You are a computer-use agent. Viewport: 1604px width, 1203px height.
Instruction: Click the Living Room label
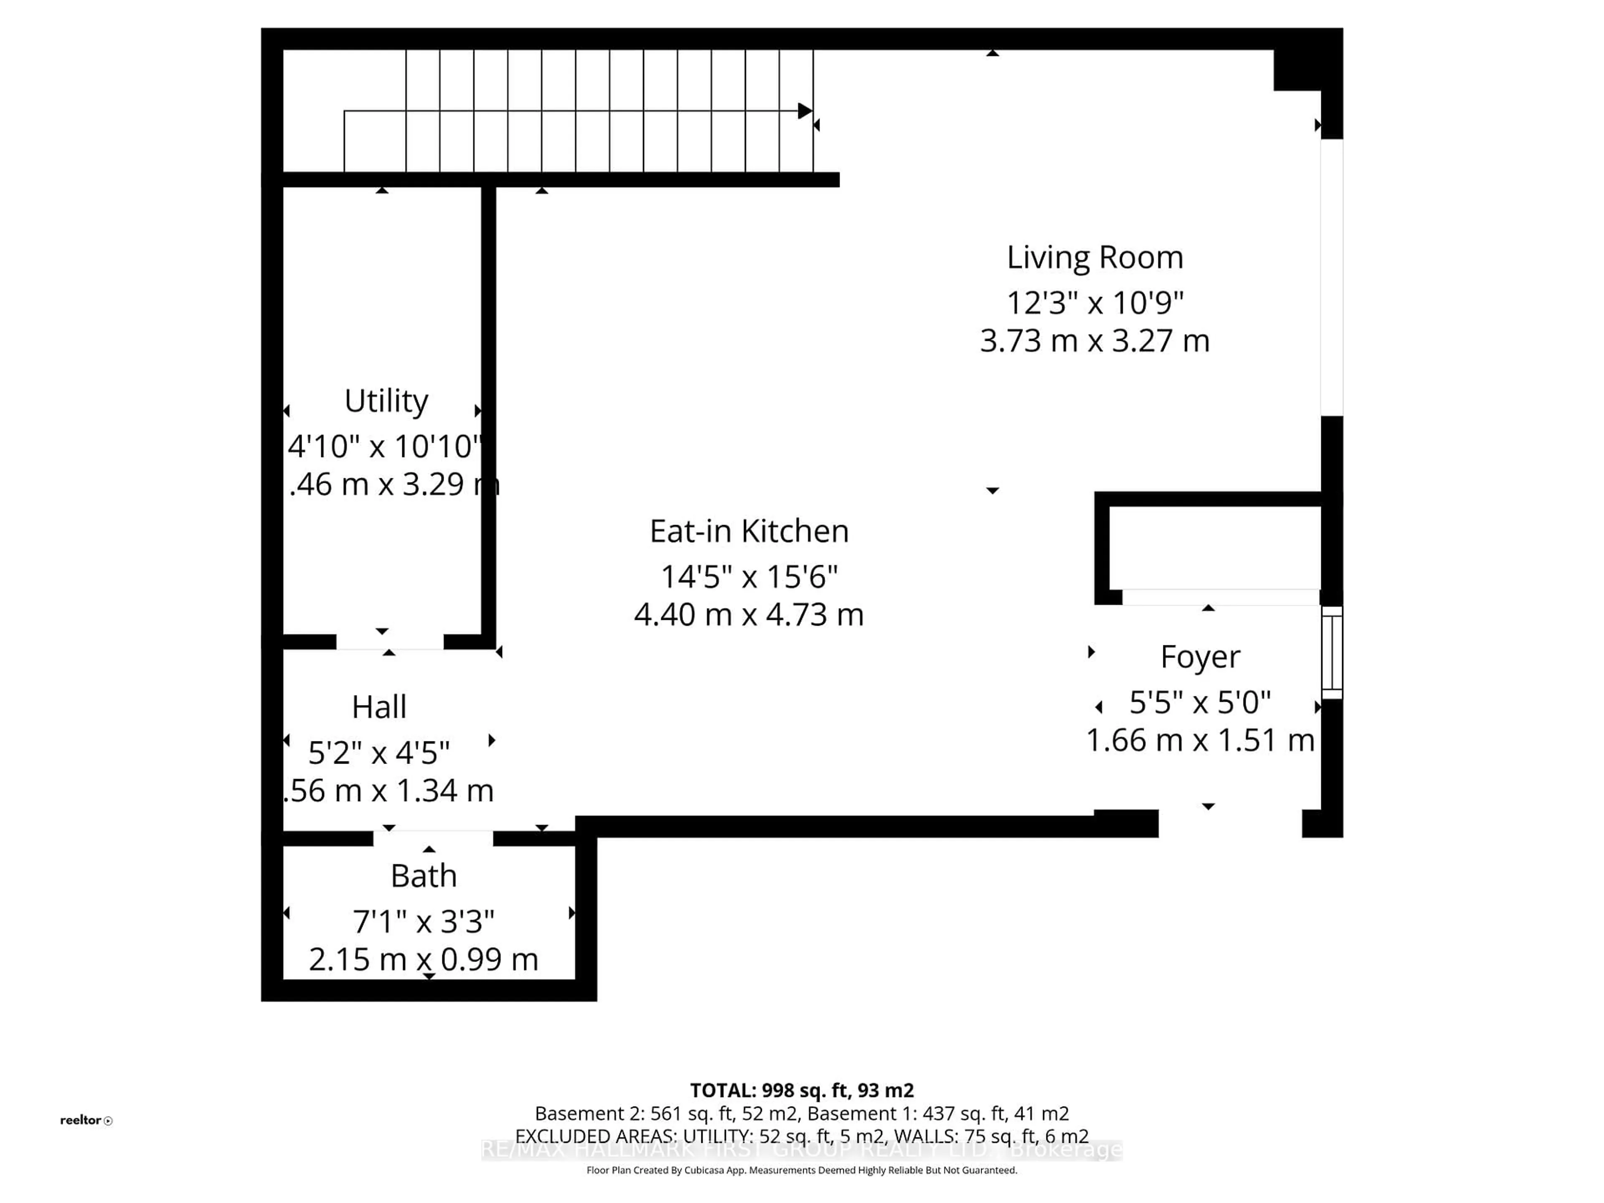pos(1094,257)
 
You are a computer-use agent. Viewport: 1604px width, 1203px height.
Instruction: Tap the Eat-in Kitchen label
pos(749,531)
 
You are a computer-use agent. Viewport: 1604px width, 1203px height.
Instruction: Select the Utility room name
pos(386,400)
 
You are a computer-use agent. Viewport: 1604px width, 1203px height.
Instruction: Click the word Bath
pos(424,876)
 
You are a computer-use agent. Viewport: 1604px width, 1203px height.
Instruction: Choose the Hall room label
pos(378,706)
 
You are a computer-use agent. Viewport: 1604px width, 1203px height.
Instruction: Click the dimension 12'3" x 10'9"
pos(1094,302)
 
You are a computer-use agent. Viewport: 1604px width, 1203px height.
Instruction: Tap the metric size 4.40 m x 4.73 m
pos(749,615)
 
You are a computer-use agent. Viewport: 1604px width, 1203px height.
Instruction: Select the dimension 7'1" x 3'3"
pos(424,921)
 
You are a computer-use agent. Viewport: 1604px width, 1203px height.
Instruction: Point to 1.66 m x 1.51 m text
pos(1200,740)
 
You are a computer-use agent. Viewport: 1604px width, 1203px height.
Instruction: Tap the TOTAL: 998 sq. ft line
pos(801,1091)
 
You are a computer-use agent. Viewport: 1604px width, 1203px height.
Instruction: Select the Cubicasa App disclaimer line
pos(801,1170)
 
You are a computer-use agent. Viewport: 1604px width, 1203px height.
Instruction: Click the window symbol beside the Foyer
pos(1331,652)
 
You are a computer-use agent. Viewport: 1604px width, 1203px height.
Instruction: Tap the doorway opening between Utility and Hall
pos(389,642)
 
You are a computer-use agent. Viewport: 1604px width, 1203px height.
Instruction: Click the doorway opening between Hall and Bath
pos(433,838)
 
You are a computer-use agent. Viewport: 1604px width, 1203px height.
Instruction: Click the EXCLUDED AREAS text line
pos(801,1136)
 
